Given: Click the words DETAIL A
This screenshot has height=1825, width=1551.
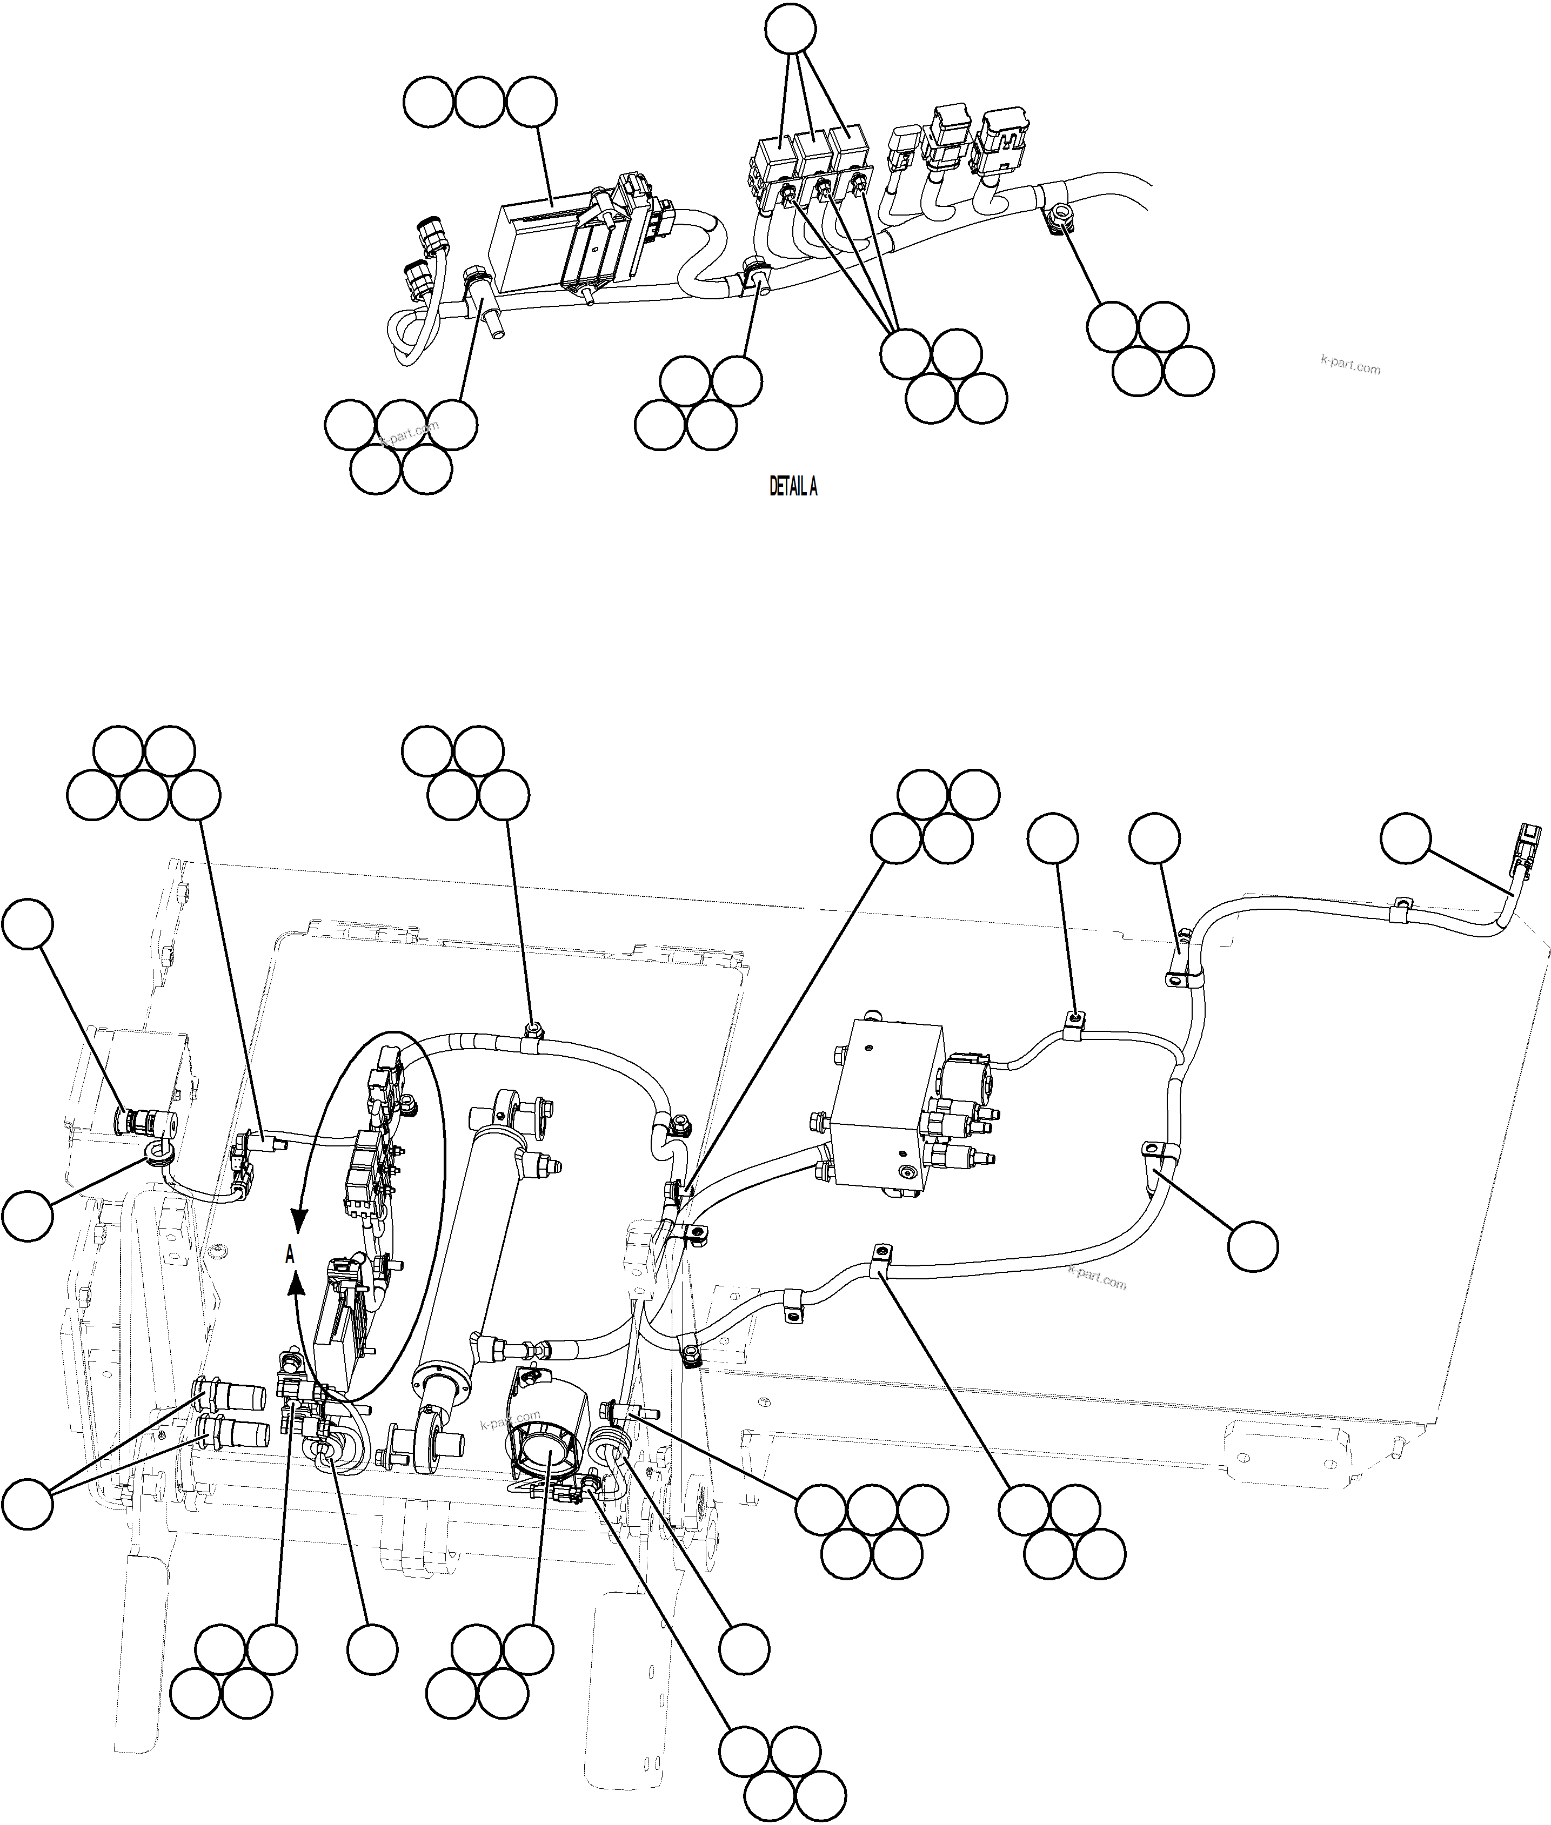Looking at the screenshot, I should (x=793, y=486).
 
